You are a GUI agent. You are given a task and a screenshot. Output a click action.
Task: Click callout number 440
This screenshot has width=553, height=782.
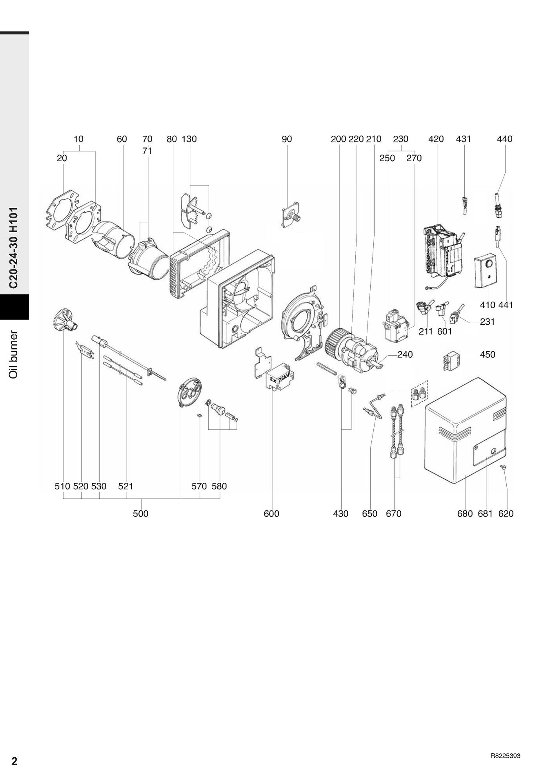click(x=504, y=139)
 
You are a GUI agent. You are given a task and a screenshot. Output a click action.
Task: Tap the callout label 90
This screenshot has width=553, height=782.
click(x=287, y=139)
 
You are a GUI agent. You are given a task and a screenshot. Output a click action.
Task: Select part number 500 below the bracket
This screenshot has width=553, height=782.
click(x=140, y=513)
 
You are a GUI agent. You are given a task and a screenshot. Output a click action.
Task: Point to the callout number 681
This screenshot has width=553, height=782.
click(x=485, y=513)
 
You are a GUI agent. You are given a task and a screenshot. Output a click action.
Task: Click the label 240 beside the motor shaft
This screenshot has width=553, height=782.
click(x=405, y=355)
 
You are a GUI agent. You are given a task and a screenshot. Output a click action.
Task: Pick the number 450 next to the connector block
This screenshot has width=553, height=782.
click(x=488, y=355)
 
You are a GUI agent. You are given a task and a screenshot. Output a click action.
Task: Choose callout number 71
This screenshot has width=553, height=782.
click(x=147, y=151)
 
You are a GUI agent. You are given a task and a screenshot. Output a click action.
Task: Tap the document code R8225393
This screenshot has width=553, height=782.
click(x=506, y=756)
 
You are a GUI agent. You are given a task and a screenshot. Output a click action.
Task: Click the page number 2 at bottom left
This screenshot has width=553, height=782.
click(x=15, y=761)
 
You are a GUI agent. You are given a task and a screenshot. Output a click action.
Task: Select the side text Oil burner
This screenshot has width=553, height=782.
click(x=14, y=355)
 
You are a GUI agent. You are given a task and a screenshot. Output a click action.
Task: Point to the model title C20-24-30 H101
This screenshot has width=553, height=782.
click(x=14, y=248)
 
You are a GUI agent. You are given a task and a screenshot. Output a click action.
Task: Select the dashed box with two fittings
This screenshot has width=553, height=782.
click(x=419, y=394)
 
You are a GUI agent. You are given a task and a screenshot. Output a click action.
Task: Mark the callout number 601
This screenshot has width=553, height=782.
click(x=445, y=332)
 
